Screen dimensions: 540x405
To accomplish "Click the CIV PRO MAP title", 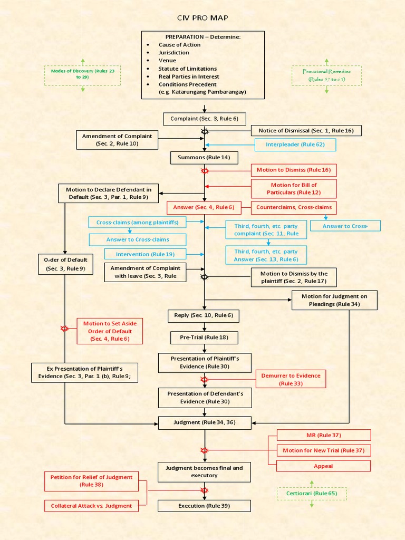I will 202,18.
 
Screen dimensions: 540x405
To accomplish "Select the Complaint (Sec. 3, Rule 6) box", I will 204,119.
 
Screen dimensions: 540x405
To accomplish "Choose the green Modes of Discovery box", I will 82,74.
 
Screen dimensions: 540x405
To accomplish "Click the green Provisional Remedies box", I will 326,75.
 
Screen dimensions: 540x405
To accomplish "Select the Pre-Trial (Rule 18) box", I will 204,337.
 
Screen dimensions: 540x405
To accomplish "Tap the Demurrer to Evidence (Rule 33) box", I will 291,379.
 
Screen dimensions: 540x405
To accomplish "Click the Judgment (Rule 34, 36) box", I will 205,422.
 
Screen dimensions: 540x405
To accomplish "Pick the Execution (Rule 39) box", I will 205,506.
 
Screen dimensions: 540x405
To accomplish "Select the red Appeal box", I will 323,466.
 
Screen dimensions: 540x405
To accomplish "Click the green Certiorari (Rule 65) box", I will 312,494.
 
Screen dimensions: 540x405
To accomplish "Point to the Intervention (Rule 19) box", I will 145,254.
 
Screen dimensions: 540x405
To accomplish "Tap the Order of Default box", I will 65,264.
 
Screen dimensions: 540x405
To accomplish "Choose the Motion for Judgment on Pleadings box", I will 334,300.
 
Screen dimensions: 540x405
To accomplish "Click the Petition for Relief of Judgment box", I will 91,480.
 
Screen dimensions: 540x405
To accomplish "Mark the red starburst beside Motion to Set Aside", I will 65,329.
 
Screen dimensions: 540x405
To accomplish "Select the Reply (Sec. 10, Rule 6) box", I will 204,315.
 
